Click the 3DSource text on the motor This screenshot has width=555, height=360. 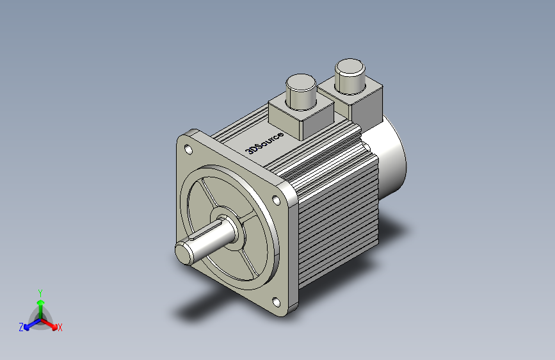(x=264, y=143)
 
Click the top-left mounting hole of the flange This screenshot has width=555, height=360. (x=189, y=150)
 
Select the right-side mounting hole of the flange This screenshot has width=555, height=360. (x=276, y=200)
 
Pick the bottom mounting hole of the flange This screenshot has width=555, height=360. (x=277, y=302)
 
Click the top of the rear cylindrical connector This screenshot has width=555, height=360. (x=350, y=67)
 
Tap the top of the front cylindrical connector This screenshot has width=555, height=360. (x=301, y=82)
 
